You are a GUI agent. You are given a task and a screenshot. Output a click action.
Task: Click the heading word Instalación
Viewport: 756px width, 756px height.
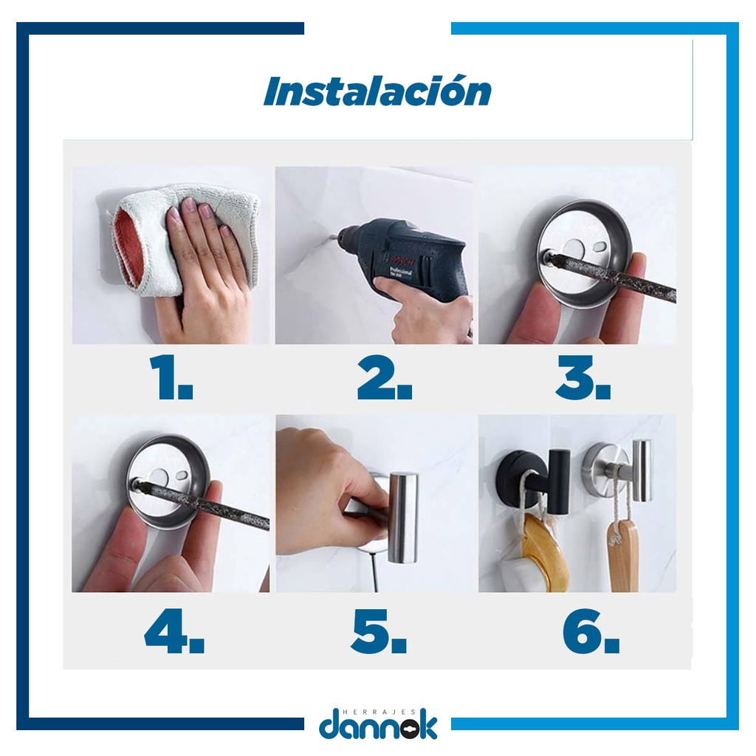tap(377, 91)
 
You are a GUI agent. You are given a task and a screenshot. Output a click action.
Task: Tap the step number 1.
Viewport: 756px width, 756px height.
tap(171, 377)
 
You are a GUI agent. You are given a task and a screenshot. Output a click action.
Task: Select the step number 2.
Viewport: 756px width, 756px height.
tap(384, 377)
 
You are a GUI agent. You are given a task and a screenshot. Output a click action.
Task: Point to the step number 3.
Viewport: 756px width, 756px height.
tap(583, 377)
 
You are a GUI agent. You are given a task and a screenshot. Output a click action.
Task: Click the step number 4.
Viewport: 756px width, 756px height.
tap(174, 630)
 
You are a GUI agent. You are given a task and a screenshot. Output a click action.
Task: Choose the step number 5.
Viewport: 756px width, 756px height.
tap(379, 630)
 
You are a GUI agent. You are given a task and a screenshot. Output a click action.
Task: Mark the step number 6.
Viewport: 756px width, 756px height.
tap(591, 630)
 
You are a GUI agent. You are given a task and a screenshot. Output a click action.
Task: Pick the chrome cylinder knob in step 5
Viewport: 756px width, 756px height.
tap(402, 518)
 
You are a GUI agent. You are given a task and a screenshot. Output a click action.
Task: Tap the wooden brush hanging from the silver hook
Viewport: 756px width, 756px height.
tap(622, 554)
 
